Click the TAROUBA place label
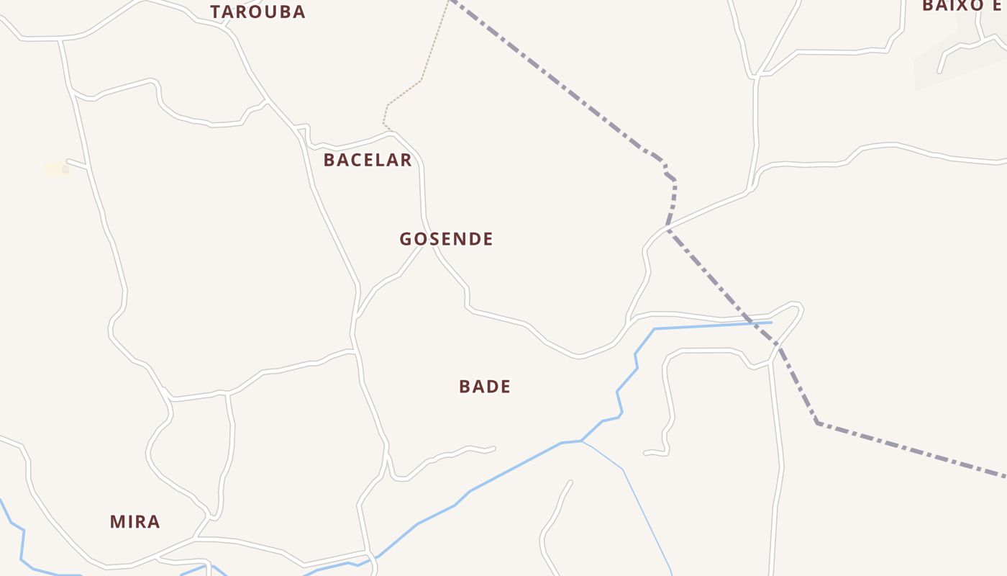[x=258, y=12]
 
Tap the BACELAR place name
[x=367, y=160]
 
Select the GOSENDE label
[x=446, y=239]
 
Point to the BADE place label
[x=485, y=387]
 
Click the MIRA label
[x=135, y=522]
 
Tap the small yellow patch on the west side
[x=55, y=169]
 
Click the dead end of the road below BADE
[x=494, y=449]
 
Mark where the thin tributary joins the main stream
[x=581, y=441]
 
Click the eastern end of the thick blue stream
[x=770, y=322]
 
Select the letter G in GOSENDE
[x=406, y=239]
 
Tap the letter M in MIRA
[x=117, y=522]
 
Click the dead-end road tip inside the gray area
[x=939, y=71]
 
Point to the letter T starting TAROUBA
[x=215, y=12]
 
